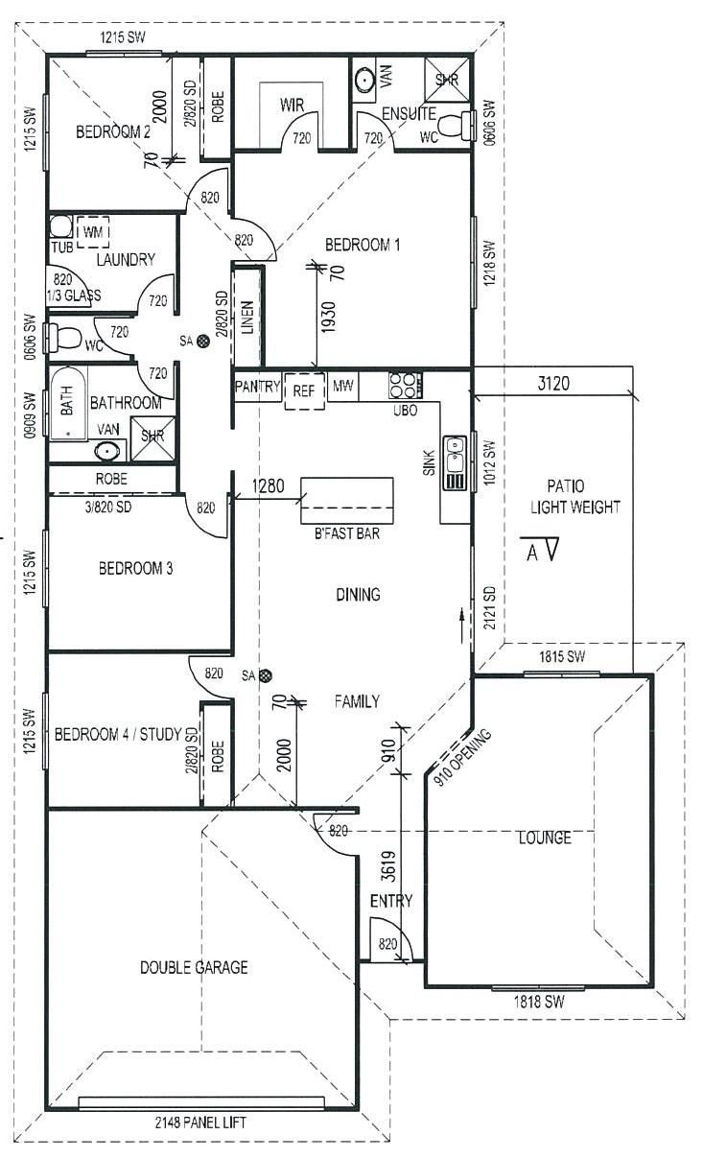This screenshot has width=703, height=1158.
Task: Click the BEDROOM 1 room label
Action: (x=363, y=245)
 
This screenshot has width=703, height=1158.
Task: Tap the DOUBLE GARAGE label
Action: (x=194, y=967)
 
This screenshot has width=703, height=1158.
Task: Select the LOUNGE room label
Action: (x=545, y=838)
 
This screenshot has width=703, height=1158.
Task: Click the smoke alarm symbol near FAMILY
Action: (x=266, y=675)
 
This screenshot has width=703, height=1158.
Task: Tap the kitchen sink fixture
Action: (x=455, y=463)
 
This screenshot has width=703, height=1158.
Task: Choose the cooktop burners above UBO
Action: (x=406, y=385)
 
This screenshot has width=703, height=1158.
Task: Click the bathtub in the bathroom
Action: (x=68, y=403)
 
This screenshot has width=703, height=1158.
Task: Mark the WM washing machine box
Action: (x=93, y=232)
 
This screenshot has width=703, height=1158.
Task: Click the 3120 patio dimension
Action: (x=553, y=384)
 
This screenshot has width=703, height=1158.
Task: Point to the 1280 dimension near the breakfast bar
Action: (x=269, y=485)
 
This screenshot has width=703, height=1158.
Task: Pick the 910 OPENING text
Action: (x=462, y=756)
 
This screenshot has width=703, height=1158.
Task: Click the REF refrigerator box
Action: (x=304, y=390)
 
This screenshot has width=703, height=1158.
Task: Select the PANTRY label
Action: (x=257, y=387)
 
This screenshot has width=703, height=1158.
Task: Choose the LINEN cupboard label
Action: (x=247, y=318)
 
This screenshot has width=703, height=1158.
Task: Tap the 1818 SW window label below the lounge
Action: (x=539, y=1002)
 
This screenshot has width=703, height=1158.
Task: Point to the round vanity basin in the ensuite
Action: (x=365, y=81)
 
